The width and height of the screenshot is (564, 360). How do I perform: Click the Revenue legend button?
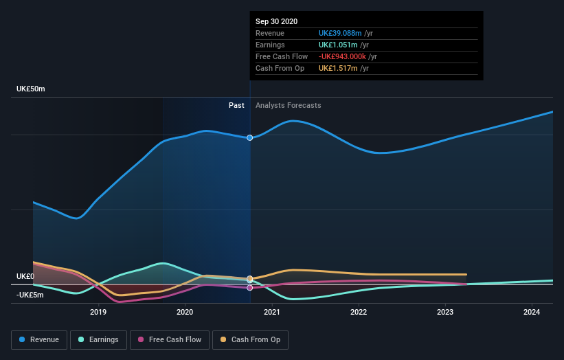(x=39, y=339)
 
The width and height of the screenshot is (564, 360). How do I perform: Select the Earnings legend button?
(x=99, y=339)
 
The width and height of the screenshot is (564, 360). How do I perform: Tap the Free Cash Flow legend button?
(x=170, y=339)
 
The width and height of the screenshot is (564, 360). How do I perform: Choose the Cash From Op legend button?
(x=250, y=339)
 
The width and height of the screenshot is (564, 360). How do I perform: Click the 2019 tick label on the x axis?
(x=98, y=312)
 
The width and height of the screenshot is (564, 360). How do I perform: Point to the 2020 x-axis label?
(x=185, y=312)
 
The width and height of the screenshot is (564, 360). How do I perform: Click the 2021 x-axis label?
(x=271, y=312)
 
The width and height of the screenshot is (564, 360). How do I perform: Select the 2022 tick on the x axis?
(x=358, y=312)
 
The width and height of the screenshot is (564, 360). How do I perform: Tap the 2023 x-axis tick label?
(x=445, y=312)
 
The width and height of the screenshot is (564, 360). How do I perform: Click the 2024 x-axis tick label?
(x=532, y=312)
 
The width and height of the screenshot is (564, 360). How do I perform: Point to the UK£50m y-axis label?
(x=31, y=89)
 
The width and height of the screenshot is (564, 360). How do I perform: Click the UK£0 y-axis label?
(x=25, y=276)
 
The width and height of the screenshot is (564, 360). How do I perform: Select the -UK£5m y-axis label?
(x=30, y=295)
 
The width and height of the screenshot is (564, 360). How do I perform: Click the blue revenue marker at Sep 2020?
(x=250, y=138)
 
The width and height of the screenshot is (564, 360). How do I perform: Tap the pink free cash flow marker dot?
(x=250, y=288)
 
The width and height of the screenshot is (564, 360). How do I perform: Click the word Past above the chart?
(x=236, y=105)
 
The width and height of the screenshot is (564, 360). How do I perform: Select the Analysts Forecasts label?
(x=288, y=105)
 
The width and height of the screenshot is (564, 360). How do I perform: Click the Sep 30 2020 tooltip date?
(x=277, y=21)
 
